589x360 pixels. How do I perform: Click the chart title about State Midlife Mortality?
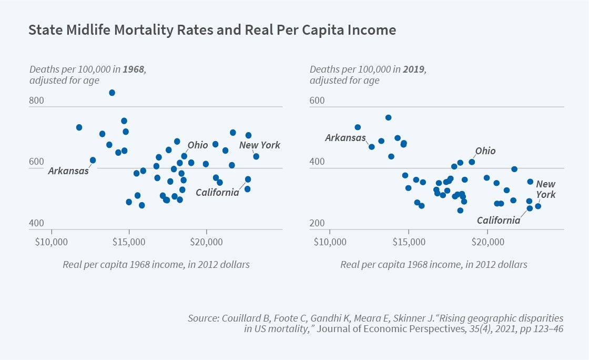point(211,31)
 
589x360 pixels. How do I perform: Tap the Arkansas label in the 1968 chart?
point(68,171)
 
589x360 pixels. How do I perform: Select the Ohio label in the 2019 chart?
point(485,151)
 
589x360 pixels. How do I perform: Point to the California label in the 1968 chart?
point(217,193)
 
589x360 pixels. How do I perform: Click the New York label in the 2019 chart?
point(545,189)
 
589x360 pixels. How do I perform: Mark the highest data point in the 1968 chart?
point(112,93)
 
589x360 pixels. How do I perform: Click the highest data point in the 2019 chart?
point(388,117)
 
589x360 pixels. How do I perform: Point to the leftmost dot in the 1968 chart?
point(79,127)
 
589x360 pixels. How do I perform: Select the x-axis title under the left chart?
point(156,264)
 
